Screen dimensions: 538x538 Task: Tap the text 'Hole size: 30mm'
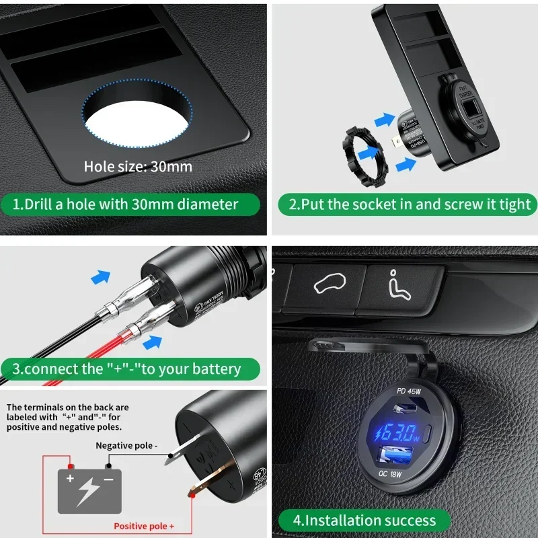coord(138,166)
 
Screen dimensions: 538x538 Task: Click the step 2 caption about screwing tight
coord(409,204)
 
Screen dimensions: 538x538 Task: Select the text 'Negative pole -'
coord(127,445)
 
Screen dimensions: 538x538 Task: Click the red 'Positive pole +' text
coord(145,526)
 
